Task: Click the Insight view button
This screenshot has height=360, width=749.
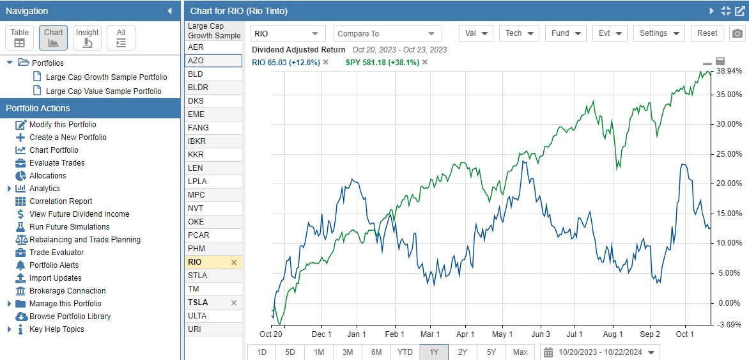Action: [x=88, y=38]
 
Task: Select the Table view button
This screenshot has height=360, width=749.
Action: [x=20, y=38]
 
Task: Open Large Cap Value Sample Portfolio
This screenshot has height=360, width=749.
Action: [x=104, y=91]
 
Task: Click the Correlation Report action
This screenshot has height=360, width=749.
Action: [x=61, y=201]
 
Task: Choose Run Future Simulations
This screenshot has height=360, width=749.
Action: [x=69, y=227]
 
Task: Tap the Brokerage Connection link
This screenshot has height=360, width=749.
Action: [x=67, y=291]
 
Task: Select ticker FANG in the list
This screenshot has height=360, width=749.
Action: [x=198, y=128]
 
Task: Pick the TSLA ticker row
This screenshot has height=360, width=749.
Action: [x=198, y=302]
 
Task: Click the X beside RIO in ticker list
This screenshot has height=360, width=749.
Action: [x=234, y=262]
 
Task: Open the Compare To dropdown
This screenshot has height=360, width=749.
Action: [x=387, y=34]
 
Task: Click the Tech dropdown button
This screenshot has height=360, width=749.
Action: [x=520, y=34]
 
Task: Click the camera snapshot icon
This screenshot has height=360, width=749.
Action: [x=737, y=34]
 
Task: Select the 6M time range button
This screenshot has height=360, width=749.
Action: [x=376, y=352]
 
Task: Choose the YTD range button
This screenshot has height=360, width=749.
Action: [x=405, y=352]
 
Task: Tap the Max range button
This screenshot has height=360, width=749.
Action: [x=520, y=352]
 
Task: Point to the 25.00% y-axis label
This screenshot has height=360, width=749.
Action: [x=729, y=154]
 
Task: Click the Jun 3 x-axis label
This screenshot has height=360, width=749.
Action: [x=540, y=334]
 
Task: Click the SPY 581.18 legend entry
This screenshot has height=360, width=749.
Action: [x=382, y=62]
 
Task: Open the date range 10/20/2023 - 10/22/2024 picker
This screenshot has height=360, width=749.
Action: [x=599, y=352]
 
